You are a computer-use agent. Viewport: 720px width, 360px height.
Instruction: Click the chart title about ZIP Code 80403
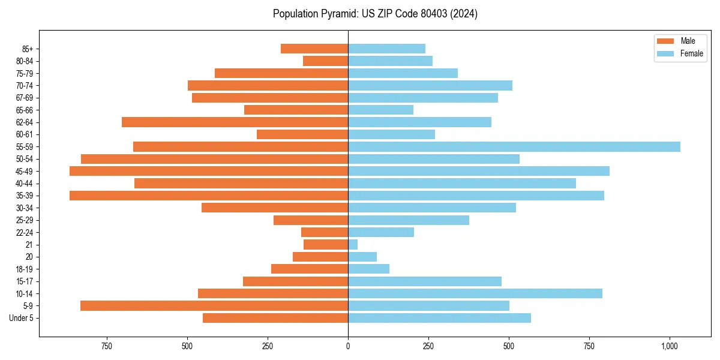click(x=375, y=14)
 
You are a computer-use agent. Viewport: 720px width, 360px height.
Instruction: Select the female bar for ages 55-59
click(x=514, y=147)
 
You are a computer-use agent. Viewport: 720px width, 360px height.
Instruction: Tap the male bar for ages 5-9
click(x=214, y=306)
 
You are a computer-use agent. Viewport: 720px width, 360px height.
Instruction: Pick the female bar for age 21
click(x=353, y=245)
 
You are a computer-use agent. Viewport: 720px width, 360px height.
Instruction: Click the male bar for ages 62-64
click(x=235, y=122)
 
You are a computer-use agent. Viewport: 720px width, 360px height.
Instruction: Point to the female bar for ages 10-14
click(x=475, y=293)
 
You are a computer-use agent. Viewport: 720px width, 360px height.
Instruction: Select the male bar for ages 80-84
click(x=325, y=61)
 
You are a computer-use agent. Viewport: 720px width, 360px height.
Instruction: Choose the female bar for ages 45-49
click(x=479, y=171)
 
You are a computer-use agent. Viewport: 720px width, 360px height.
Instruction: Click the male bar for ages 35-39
click(x=209, y=196)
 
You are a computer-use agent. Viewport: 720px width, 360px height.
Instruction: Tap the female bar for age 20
click(x=362, y=257)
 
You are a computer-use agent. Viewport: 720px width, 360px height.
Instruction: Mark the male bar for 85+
click(x=314, y=49)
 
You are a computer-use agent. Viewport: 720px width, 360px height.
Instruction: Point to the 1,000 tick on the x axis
click(x=670, y=346)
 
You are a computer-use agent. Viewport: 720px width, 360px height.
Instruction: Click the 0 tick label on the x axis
click(x=348, y=346)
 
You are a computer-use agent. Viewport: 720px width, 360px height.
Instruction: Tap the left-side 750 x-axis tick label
click(x=107, y=346)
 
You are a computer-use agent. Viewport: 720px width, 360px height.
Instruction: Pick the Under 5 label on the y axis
click(x=21, y=318)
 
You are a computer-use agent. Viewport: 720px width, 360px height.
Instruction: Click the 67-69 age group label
click(x=24, y=98)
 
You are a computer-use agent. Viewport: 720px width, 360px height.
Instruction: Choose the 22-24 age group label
click(x=24, y=232)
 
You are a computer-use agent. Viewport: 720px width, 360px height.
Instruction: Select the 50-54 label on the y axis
click(x=24, y=159)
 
